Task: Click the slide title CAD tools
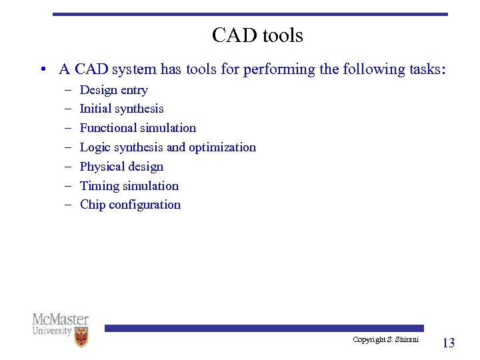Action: (257, 35)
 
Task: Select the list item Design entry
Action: (113, 90)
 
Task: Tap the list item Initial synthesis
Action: (121, 109)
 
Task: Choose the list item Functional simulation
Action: (137, 128)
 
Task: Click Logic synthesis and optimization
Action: (167, 147)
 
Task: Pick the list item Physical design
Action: (121, 167)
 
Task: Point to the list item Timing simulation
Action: (129, 186)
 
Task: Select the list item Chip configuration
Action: (130, 205)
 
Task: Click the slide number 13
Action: (449, 343)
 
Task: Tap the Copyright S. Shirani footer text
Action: (385, 340)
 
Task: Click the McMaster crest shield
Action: (81, 337)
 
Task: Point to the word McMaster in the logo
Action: (60, 319)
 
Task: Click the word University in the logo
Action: (52, 331)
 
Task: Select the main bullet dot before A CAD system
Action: (42, 69)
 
